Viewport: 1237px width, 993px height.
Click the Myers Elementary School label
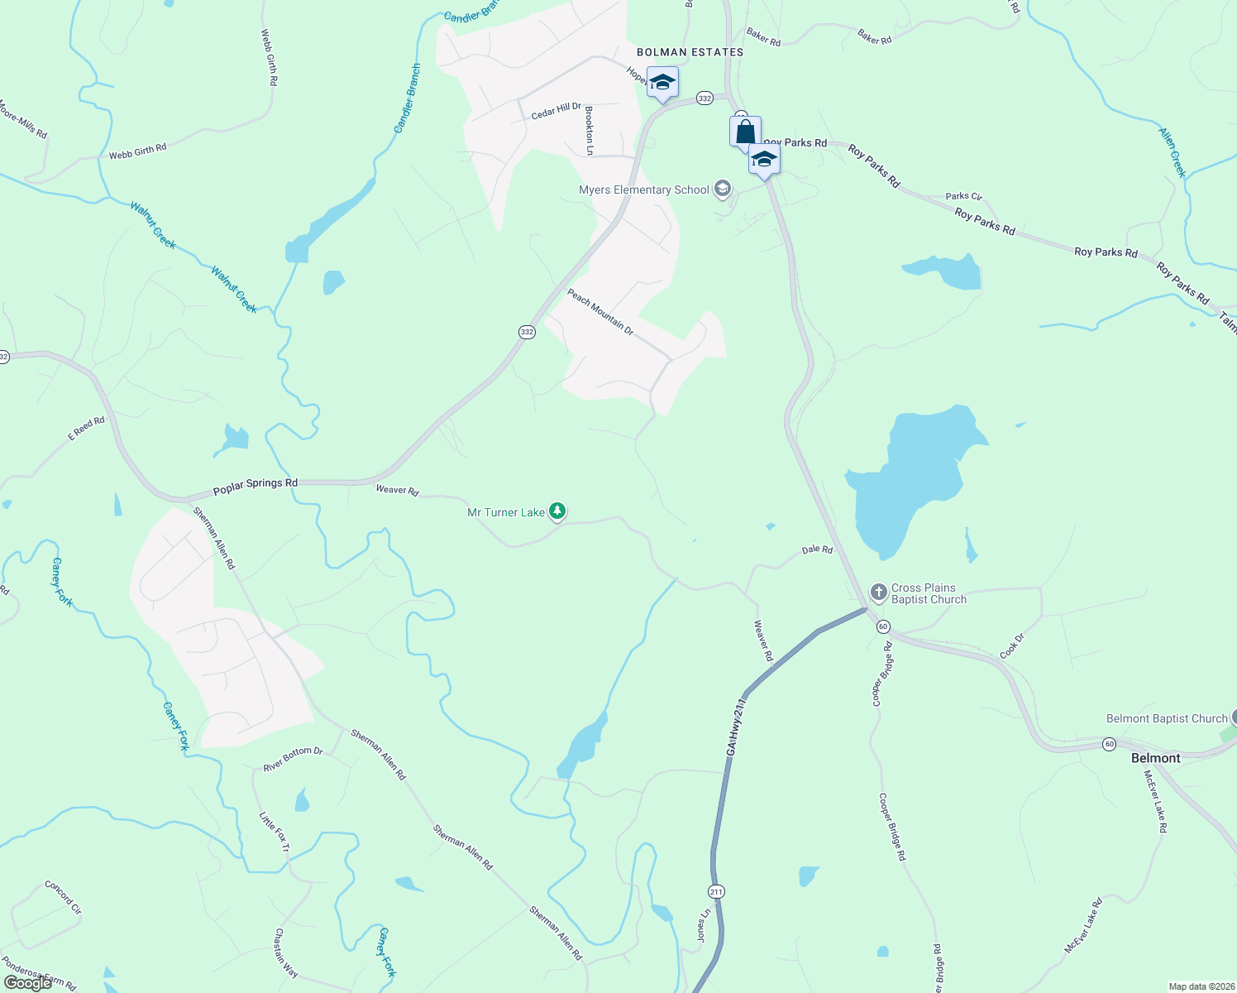[643, 190]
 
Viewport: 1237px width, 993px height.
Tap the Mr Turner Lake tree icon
[558, 512]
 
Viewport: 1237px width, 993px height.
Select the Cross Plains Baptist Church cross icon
[879, 592]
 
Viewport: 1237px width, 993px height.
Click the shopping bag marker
[745, 132]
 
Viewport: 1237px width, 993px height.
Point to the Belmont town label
[1155, 758]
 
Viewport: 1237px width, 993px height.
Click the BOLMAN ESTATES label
[690, 52]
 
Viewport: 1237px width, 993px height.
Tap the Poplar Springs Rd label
[256, 487]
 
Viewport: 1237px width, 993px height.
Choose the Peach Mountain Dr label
[600, 312]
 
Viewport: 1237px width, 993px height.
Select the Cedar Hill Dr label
[556, 111]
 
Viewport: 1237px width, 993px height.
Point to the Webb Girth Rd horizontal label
[137, 151]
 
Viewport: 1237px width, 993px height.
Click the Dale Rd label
[817, 549]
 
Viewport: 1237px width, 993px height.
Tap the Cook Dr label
[1012, 646]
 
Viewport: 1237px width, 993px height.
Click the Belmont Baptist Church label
[1167, 718]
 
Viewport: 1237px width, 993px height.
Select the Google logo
[28, 983]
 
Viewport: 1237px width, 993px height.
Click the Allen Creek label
[1173, 152]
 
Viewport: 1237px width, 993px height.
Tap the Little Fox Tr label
[275, 832]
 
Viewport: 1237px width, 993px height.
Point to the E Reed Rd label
[86, 428]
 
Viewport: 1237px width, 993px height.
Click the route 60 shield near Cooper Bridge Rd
[883, 626]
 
